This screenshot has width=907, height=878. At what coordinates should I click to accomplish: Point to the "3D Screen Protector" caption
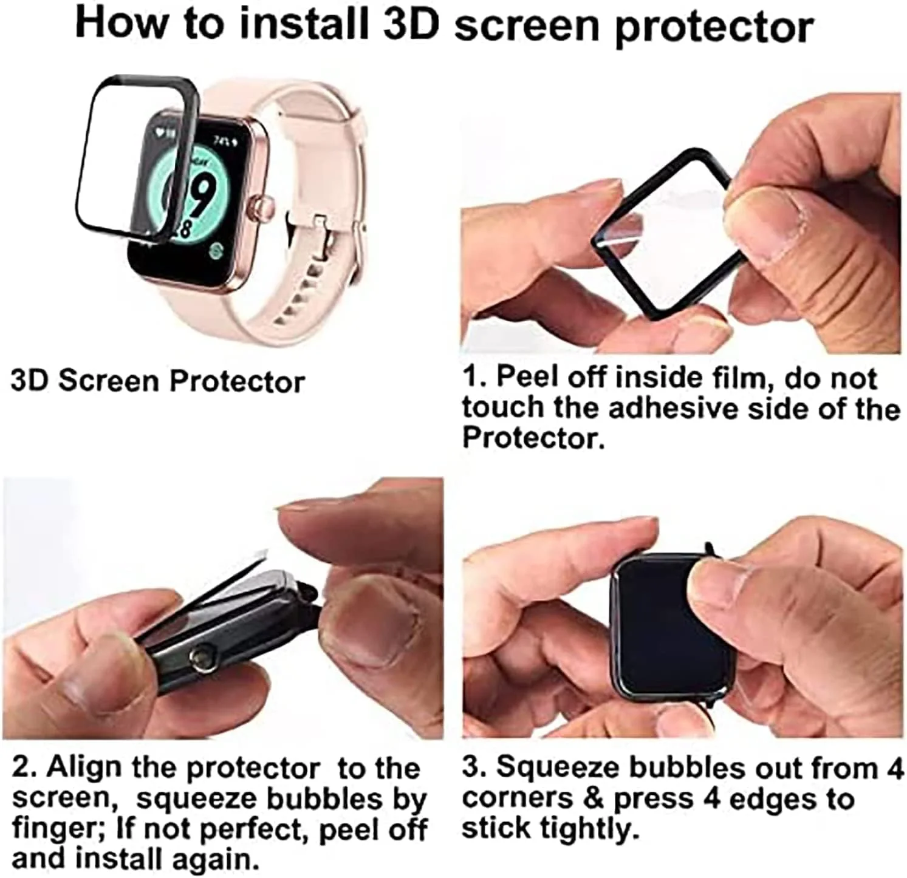pos(158,382)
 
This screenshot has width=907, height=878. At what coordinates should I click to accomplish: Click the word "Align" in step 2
pos(85,769)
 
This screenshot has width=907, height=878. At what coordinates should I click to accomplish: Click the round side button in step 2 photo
pos(201,656)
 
